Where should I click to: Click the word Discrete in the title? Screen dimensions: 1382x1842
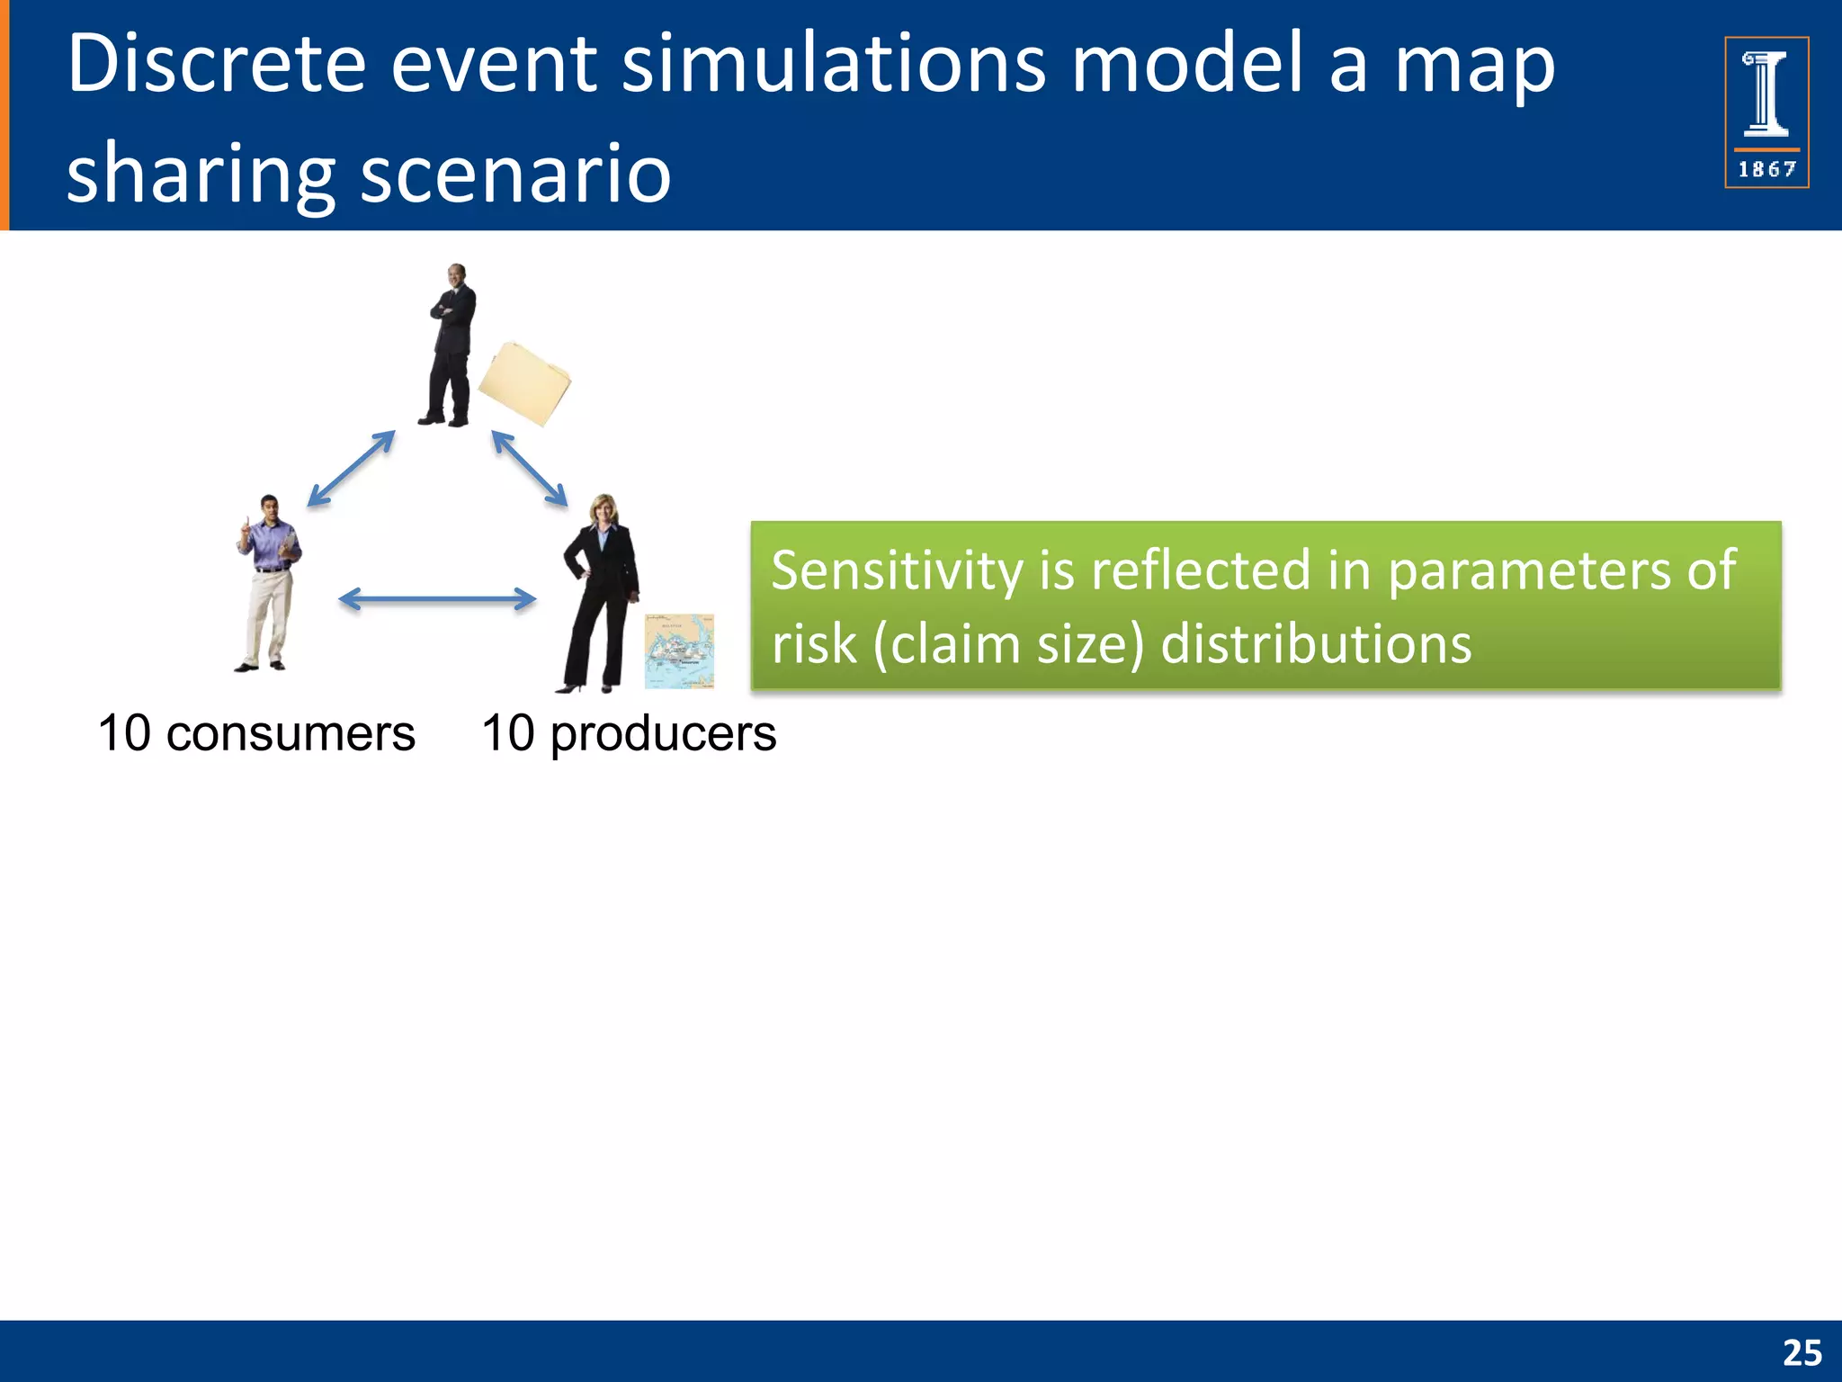216,65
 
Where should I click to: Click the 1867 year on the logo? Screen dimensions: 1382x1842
1766,169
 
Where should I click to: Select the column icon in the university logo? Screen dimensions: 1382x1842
1766,94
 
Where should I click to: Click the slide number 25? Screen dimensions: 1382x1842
1802,1353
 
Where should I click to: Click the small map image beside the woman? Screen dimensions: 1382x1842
679,651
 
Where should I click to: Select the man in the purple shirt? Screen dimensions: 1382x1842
268,583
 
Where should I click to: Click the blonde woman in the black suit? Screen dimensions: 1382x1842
601,594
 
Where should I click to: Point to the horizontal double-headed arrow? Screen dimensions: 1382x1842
437,599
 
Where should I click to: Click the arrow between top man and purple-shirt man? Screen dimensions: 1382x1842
352,469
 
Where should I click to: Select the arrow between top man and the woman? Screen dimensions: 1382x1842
530,469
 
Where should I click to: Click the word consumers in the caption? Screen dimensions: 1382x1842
291,733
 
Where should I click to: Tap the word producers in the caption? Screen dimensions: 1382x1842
663,733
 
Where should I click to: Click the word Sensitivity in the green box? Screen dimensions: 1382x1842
897,570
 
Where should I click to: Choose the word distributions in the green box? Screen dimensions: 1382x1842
1316,644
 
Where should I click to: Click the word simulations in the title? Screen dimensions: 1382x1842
834,65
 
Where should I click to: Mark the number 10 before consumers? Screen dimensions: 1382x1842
124,733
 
